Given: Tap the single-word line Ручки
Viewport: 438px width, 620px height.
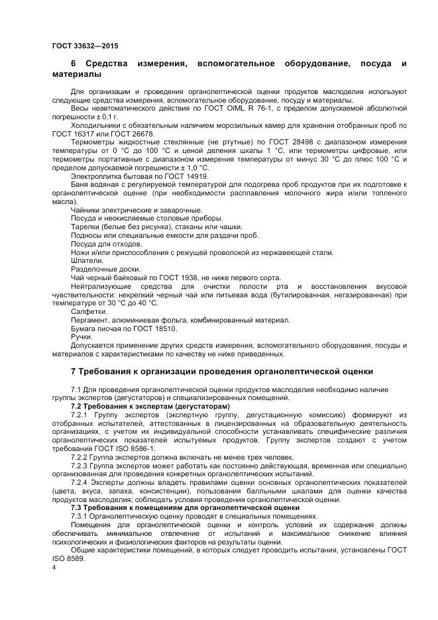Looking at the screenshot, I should click(82, 337).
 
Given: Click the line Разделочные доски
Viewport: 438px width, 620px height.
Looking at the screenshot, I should click(105, 269).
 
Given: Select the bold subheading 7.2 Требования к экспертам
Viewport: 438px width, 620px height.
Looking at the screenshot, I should click(150, 405).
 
